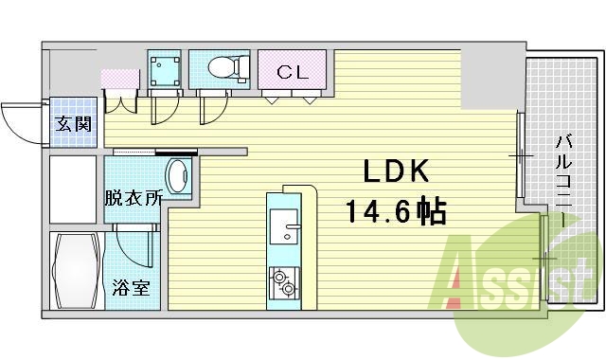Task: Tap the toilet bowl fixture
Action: click(x=223, y=67)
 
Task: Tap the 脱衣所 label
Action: click(x=133, y=199)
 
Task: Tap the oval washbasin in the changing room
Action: click(x=177, y=177)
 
